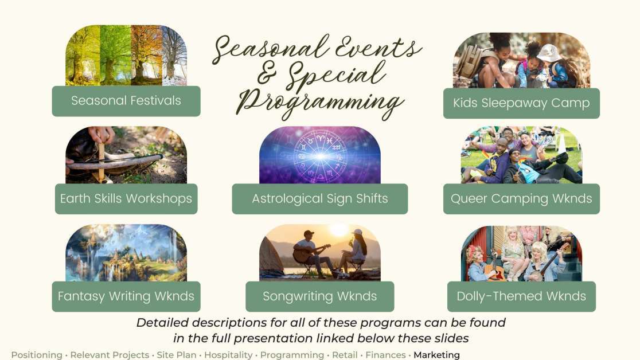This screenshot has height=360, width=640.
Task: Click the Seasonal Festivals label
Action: click(126, 101)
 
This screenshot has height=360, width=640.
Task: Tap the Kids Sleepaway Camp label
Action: click(521, 103)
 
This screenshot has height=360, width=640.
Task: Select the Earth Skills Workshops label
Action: click(126, 199)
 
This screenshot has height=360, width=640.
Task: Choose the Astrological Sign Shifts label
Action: click(319, 199)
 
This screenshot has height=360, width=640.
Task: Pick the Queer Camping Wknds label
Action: click(521, 199)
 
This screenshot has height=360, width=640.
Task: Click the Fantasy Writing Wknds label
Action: click(126, 296)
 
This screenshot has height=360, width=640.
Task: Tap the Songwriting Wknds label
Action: click(319, 296)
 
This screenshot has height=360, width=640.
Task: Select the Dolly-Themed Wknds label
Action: click(521, 296)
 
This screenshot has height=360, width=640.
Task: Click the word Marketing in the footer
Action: click(437, 355)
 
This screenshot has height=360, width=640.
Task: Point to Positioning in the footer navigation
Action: click(37, 355)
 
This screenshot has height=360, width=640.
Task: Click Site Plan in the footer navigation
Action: click(176, 355)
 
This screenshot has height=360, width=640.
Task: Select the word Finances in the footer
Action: click(385, 355)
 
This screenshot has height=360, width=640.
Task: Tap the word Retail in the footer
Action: click(345, 355)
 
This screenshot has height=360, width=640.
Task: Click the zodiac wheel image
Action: click(320, 155)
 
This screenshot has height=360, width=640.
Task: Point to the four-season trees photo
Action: click(126, 56)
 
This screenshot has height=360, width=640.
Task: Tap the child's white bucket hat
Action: click(549, 53)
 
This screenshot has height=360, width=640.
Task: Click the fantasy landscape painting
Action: click(126, 253)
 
